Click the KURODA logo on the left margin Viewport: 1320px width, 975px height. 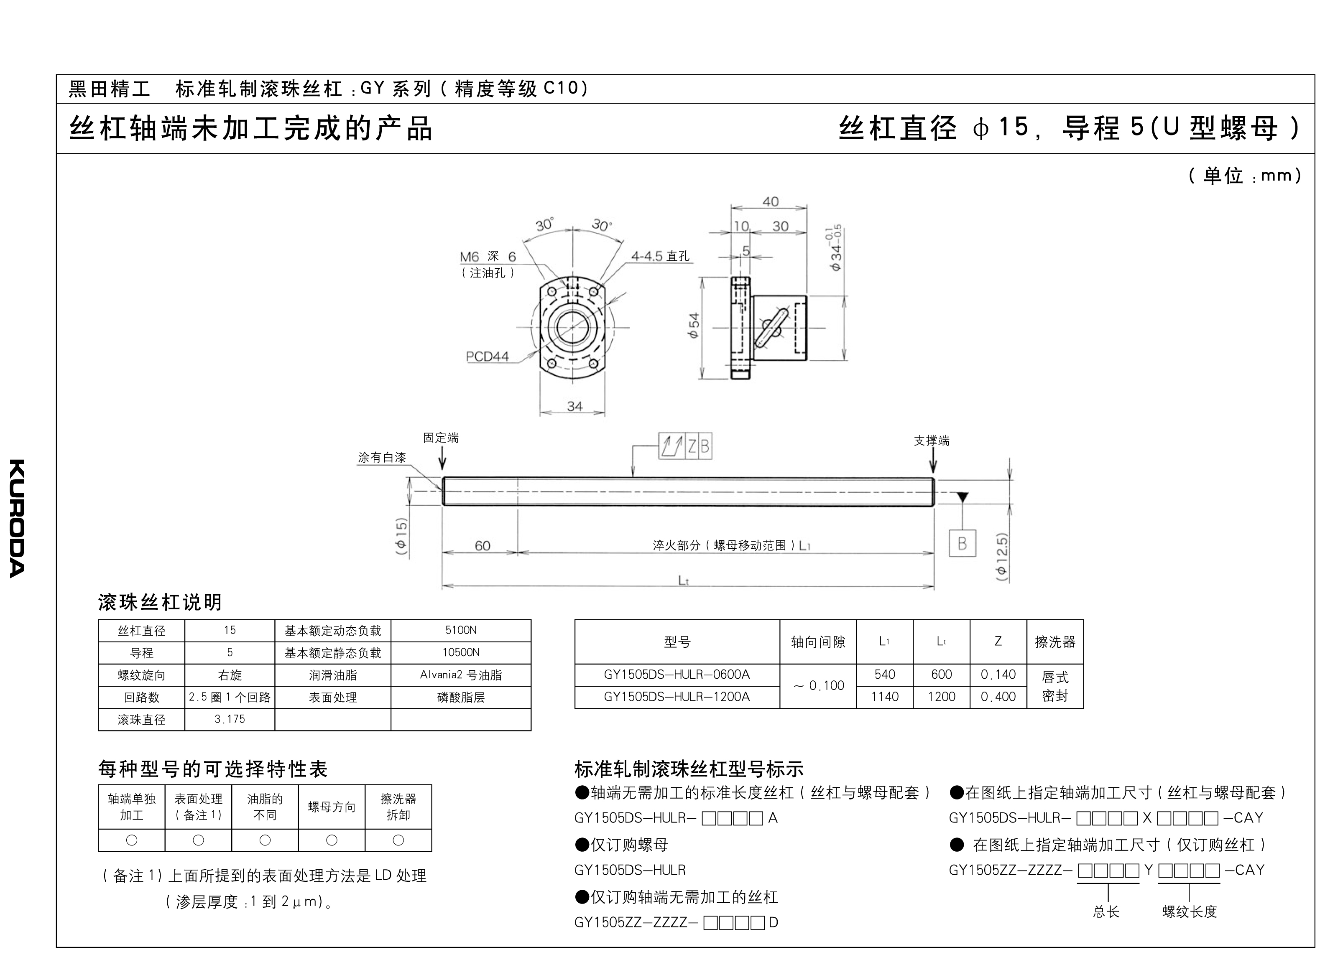(17, 518)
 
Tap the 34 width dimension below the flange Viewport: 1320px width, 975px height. (574, 406)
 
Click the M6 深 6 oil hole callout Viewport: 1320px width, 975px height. (488, 257)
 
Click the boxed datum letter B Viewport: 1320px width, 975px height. (962, 543)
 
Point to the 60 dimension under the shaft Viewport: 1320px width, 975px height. (483, 545)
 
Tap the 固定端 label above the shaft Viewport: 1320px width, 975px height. (440, 438)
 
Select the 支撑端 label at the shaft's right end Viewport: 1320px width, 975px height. (932, 441)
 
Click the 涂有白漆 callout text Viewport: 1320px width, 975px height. (382, 457)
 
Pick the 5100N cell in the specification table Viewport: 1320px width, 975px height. (460, 630)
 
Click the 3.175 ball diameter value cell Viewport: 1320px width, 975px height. (230, 719)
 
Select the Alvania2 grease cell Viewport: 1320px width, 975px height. (460, 675)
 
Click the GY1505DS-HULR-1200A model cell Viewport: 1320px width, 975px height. (677, 696)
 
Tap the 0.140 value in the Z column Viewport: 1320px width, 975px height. (998, 675)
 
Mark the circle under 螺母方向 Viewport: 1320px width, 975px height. (332, 840)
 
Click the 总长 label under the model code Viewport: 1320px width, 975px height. (1106, 912)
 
